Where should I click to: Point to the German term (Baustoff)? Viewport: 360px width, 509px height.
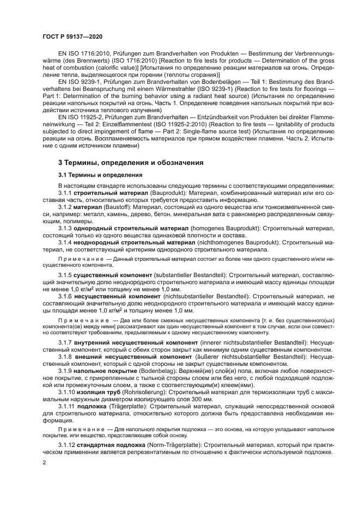pos(112,208)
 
